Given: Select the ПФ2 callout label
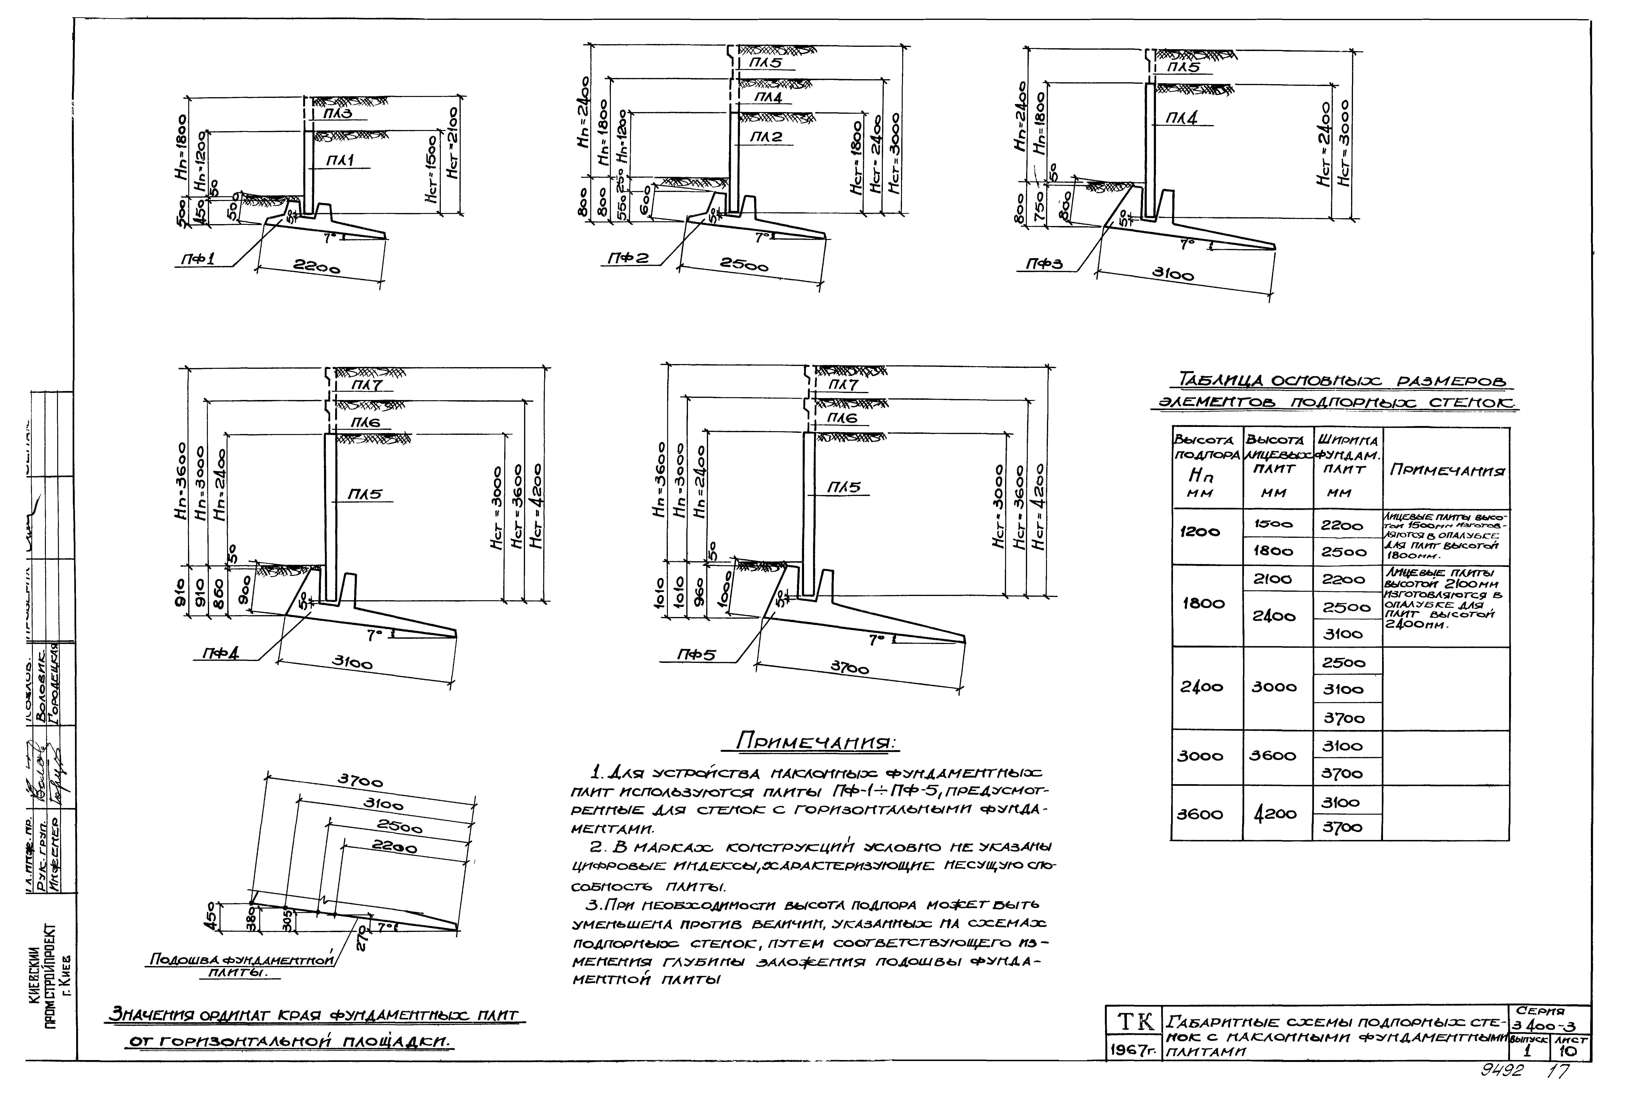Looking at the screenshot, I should click(627, 259).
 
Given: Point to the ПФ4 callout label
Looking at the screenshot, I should click(220, 653).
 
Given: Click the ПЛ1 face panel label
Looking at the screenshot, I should click(340, 161).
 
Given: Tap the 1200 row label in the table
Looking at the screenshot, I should click(1200, 532).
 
